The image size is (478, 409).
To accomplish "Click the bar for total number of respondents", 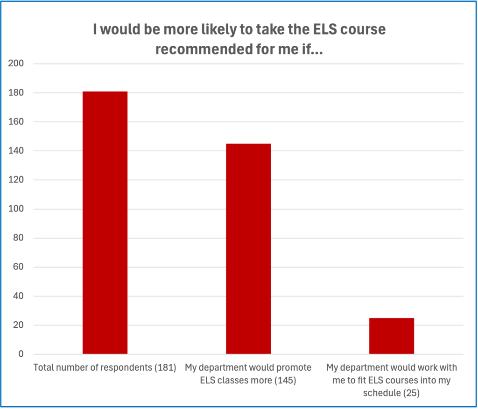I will [x=105, y=223].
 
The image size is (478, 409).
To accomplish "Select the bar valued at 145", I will [x=248, y=249].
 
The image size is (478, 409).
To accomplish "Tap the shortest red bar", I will [x=391, y=336].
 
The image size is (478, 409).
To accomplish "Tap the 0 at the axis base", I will [x=21, y=354].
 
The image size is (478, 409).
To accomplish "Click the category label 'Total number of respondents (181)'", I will [x=105, y=368].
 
